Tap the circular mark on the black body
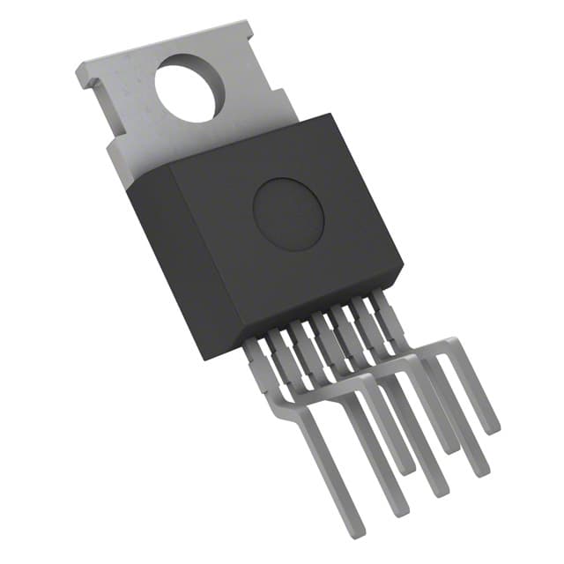(x=288, y=212)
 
